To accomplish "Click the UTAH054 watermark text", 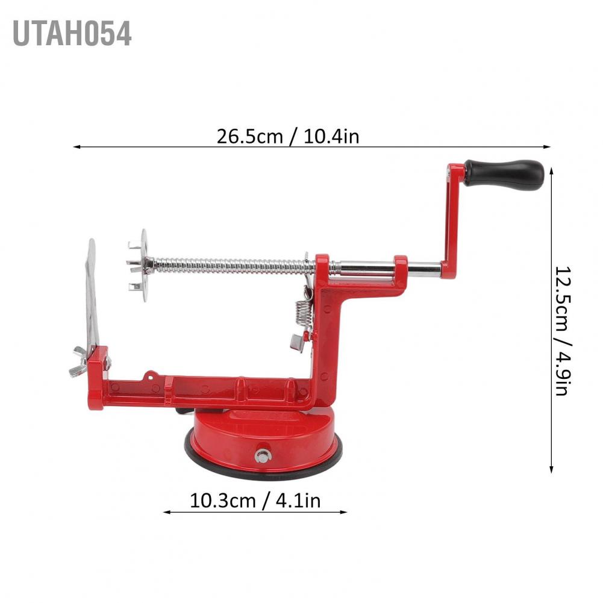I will pos(71,34).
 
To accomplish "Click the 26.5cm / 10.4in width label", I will pos(288,136).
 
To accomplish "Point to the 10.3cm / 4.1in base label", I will pos(255,501).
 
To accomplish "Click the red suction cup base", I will pos(262,434).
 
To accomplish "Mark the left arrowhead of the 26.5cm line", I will pos(75,146).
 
